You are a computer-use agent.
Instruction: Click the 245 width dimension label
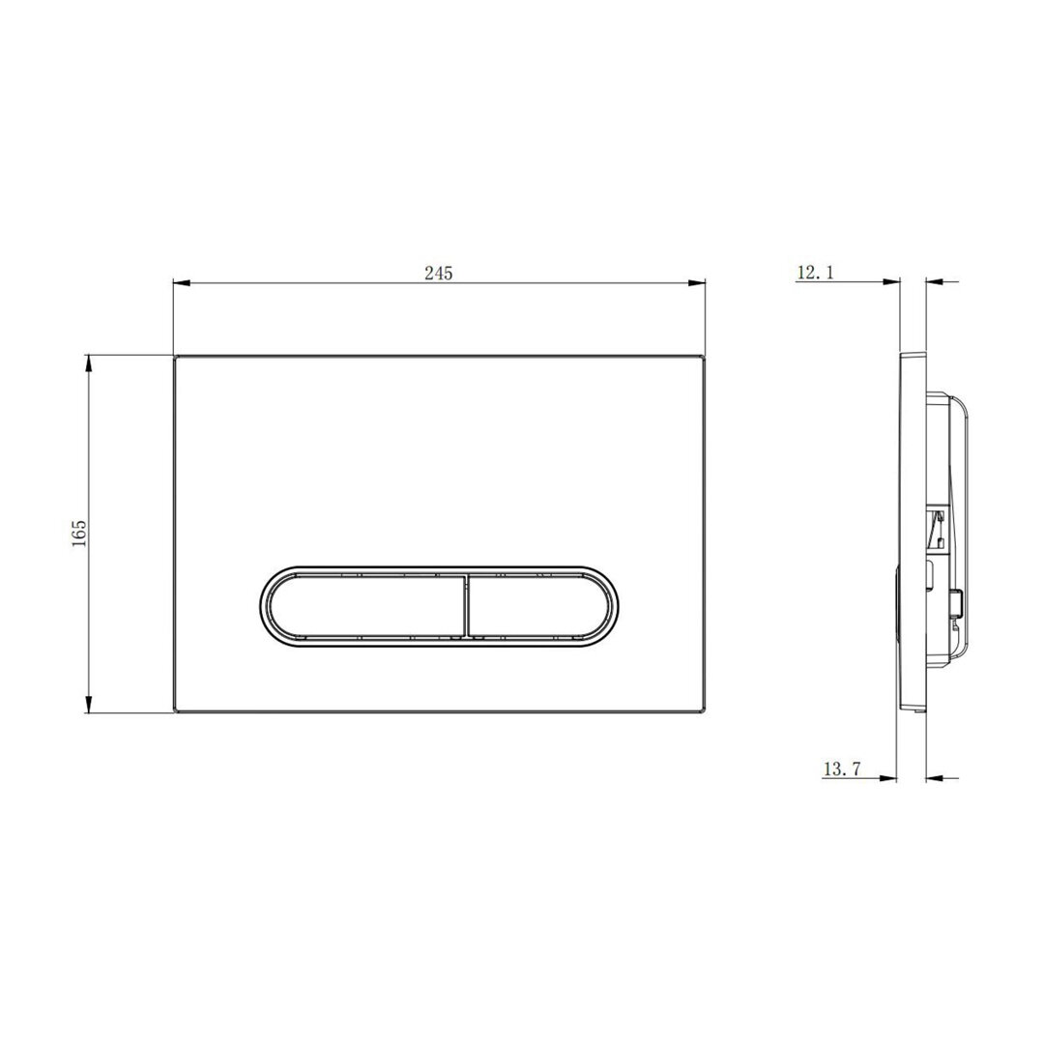pos(439,273)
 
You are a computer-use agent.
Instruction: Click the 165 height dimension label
pos(79,533)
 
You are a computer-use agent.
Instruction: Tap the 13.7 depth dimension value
pos(842,769)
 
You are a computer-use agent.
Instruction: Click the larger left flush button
pos(366,605)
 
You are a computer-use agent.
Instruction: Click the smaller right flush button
pos(539,605)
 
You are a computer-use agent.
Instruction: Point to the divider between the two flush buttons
pos(467,605)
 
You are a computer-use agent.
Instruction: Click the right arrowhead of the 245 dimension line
pos(696,283)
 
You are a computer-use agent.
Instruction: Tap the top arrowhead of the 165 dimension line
pos(88,364)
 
